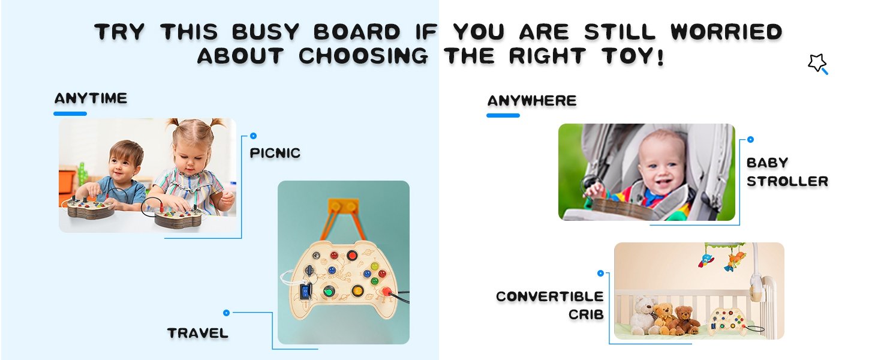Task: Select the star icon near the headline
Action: tap(817, 63)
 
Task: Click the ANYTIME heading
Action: tap(91, 98)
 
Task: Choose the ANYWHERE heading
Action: tap(531, 101)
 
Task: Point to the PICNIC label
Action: tap(275, 153)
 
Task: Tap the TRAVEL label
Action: tap(198, 333)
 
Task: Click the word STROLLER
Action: tap(787, 181)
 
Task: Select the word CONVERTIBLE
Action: tap(549, 296)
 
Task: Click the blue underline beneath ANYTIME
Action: tap(70, 113)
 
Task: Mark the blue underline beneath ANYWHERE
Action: tap(503, 115)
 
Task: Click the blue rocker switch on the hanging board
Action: tap(305, 292)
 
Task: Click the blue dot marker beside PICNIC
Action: tap(253, 136)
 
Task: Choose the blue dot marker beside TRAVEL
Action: tap(226, 313)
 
